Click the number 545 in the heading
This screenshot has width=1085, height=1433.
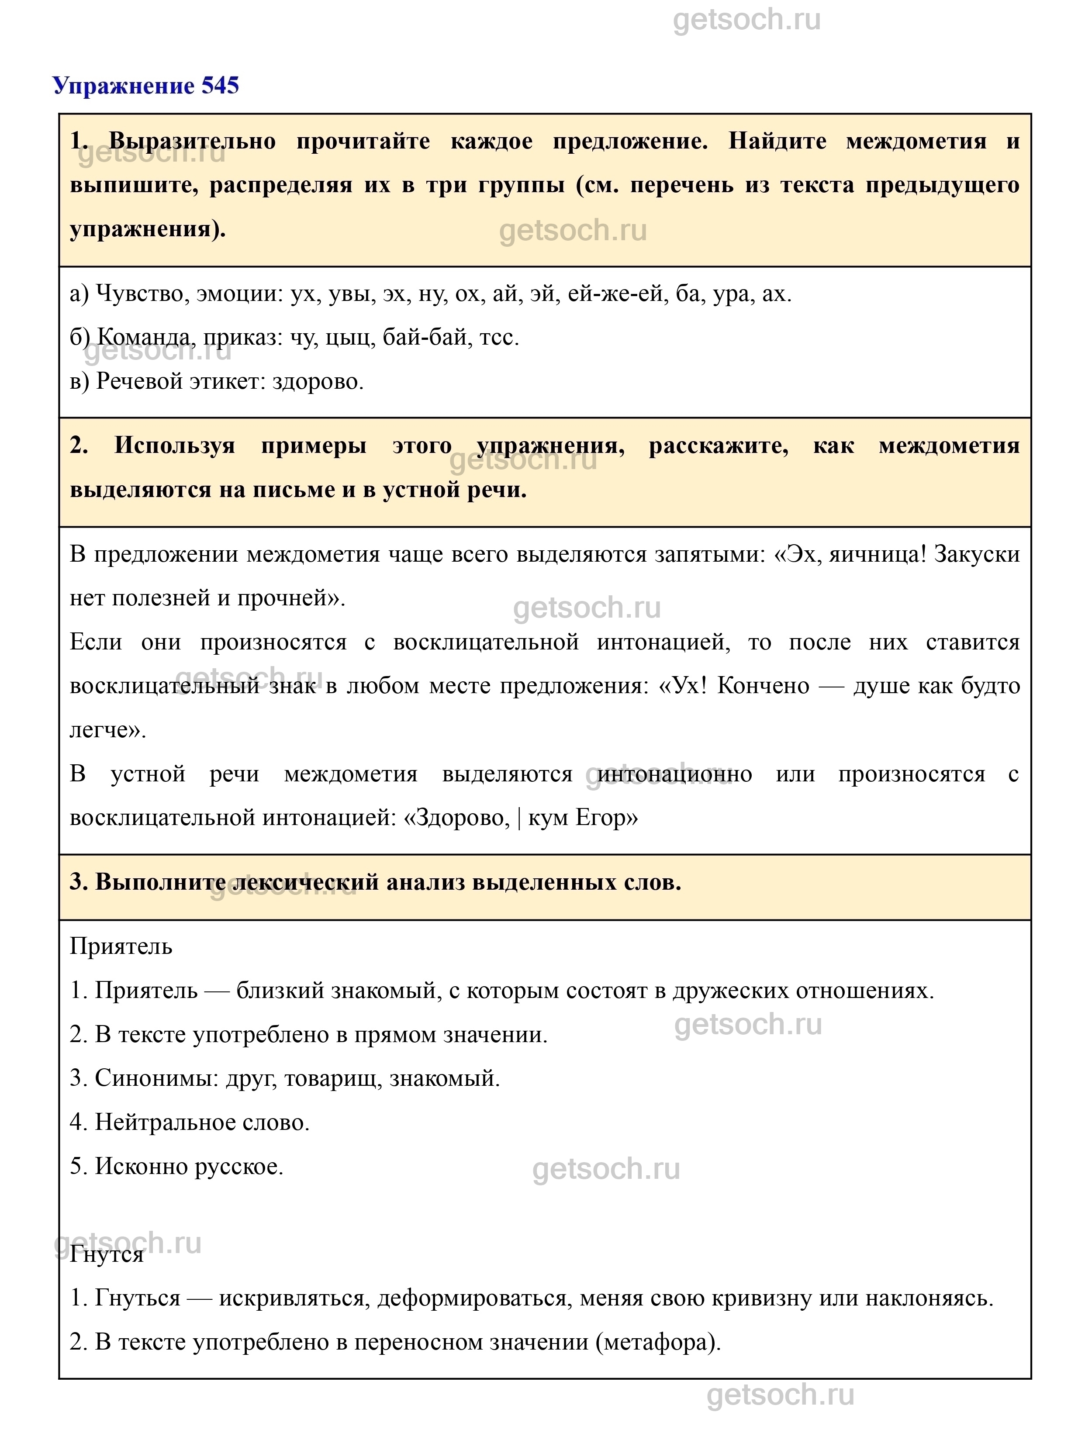click(x=220, y=86)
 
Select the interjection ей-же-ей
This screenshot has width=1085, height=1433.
click(x=617, y=294)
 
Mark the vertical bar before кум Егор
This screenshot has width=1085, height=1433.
click(x=519, y=818)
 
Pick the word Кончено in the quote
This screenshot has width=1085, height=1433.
click(x=763, y=686)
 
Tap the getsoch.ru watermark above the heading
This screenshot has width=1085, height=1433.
click(x=746, y=20)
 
